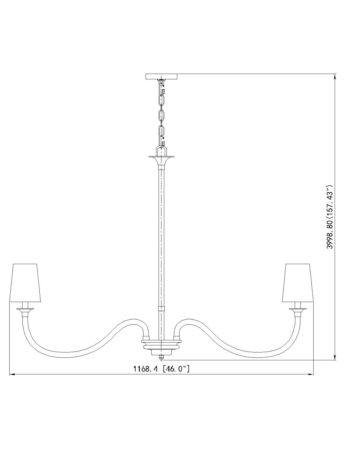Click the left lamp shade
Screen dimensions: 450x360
click(x=25, y=283)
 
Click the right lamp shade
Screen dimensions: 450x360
click(x=298, y=283)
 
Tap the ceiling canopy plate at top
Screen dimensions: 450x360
click(x=161, y=76)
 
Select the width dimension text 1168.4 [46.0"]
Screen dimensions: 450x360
click(x=161, y=368)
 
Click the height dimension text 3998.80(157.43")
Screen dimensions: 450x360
click(x=330, y=217)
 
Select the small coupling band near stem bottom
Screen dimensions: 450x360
click(x=161, y=308)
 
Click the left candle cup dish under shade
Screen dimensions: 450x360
click(x=25, y=309)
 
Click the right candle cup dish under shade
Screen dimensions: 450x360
click(x=298, y=309)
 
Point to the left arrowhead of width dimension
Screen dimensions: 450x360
click(x=12, y=374)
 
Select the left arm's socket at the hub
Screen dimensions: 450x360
click(x=146, y=337)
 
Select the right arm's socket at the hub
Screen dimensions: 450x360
click(x=177, y=337)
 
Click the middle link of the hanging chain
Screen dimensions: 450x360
click(x=161, y=115)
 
